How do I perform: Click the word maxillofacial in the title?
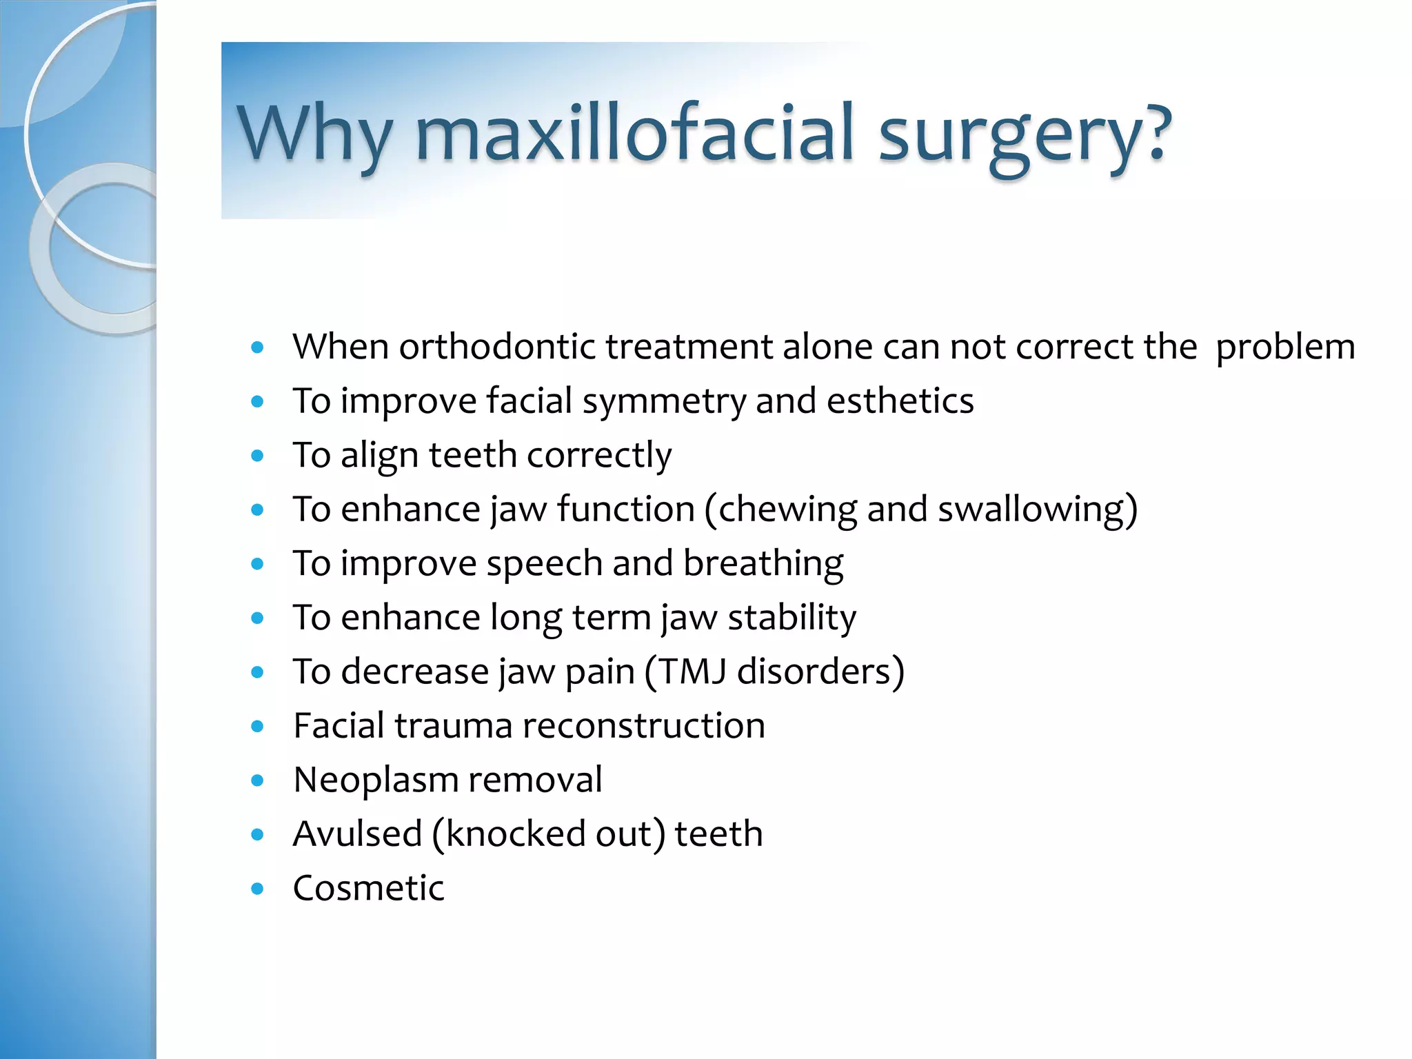point(634,132)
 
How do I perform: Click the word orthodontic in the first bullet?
point(496,346)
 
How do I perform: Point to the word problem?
point(1285,347)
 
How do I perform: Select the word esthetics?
point(900,401)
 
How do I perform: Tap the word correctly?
point(598,456)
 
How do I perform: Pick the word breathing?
point(763,564)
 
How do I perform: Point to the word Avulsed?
point(357,834)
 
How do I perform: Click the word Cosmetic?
point(368,888)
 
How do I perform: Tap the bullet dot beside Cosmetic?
point(257,889)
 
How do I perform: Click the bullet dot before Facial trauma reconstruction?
point(257,727)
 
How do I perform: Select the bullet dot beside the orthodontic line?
point(257,347)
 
